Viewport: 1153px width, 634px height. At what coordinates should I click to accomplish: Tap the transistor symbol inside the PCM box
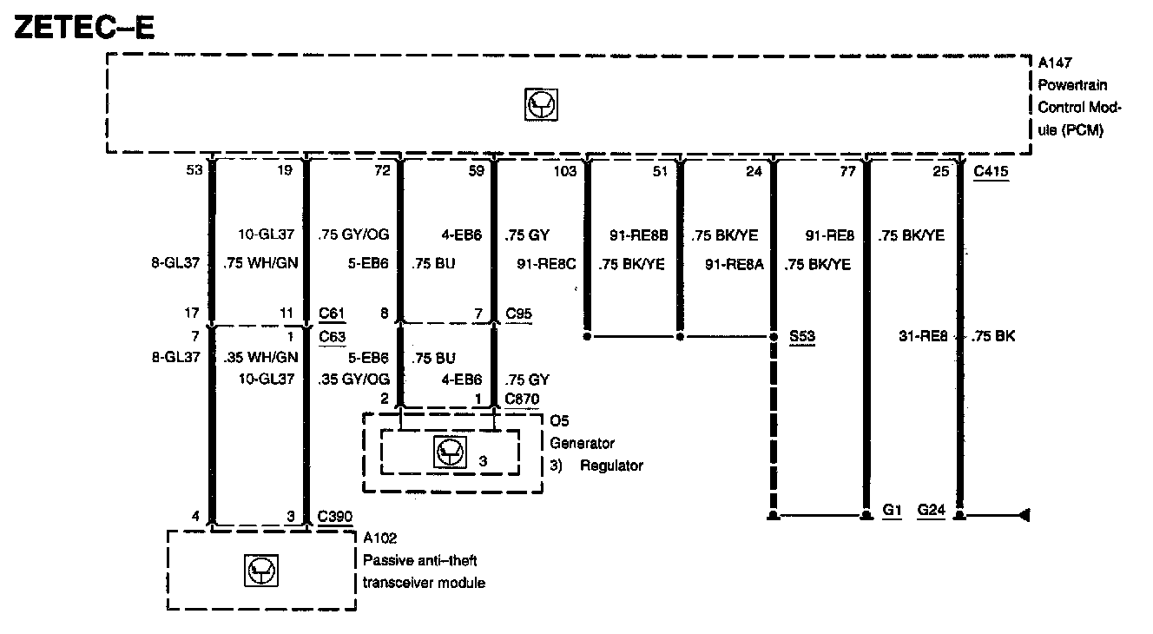pyautogui.click(x=543, y=105)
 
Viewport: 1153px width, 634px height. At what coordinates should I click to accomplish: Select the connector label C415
pyautogui.click(x=991, y=171)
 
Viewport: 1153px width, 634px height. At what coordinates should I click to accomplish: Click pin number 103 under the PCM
pyautogui.click(x=564, y=171)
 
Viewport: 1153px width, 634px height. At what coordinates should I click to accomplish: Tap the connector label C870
pyautogui.click(x=523, y=399)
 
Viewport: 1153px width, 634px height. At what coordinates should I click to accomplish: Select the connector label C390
pyautogui.click(x=335, y=516)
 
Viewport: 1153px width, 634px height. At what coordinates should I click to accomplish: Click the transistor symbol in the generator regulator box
pyautogui.click(x=448, y=452)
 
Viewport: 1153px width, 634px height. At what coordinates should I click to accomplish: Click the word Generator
pyautogui.click(x=583, y=443)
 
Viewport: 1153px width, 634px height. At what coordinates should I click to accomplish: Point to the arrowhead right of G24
pyautogui.click(x=1024, y=516)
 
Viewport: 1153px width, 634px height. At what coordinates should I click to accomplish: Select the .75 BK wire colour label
pyautogui.click(x=995, y=336)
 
